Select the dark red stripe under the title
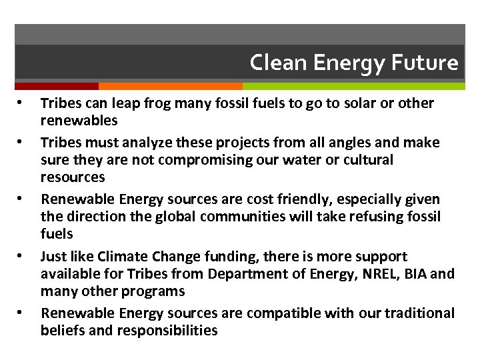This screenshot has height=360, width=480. [x=57, y=86]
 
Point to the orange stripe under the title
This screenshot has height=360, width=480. [x=170, y=86]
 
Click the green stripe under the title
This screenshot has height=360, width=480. [x=353, y=86]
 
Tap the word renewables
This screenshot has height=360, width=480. [x=79, y=121]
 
